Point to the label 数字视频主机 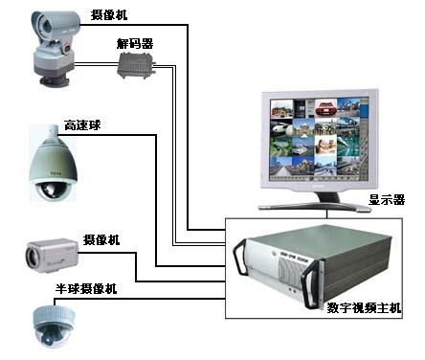365,308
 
